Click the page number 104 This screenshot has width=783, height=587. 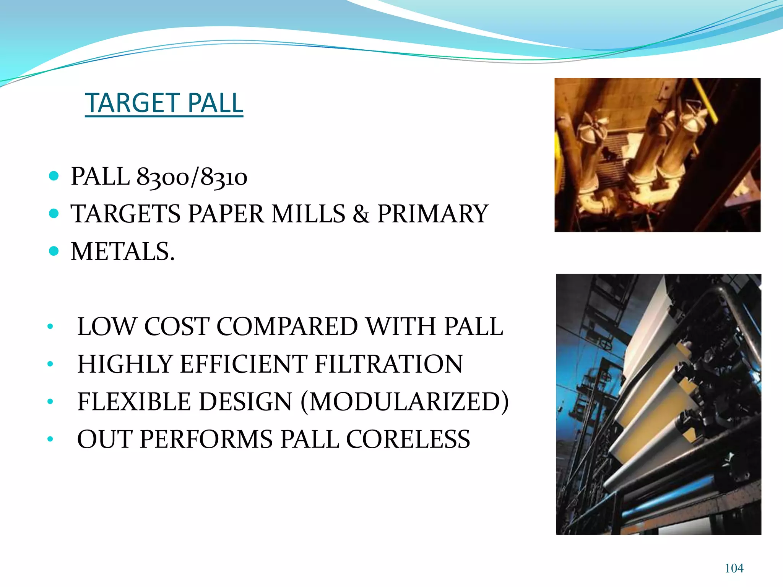click(x=734, y=568)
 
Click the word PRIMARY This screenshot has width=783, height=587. click(x=433, y=214)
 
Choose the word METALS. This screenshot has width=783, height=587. click(x=123, y=252)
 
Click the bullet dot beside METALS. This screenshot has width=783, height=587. click(x=54, y=251)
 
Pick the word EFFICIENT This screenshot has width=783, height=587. click(x=244, y=364)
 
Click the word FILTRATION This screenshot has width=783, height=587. click(x=389, y=364)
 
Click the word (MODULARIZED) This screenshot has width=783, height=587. click(x=405, y=402)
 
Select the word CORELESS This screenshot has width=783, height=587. click(x=408, y=439)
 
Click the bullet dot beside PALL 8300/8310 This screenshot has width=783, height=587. click(x=54, y=176)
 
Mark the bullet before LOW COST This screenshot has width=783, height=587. click(x=50, y=327)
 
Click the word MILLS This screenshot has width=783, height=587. click(x=308, y=214)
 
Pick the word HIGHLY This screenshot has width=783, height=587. click(x=125, y=364)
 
